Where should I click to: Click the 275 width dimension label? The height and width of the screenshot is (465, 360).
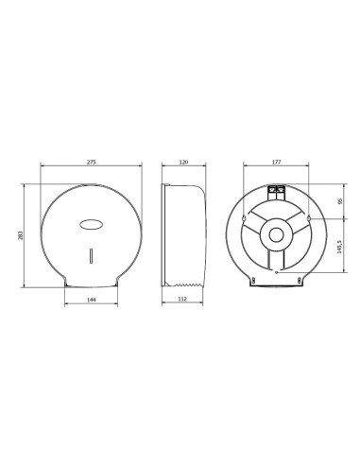91,164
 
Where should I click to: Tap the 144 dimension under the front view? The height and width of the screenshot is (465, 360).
91,300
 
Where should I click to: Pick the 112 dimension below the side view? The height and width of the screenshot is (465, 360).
184,300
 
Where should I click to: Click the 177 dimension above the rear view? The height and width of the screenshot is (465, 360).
277,164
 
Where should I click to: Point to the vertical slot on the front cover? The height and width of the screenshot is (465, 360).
91,256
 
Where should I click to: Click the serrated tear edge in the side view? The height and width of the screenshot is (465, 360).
185,283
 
